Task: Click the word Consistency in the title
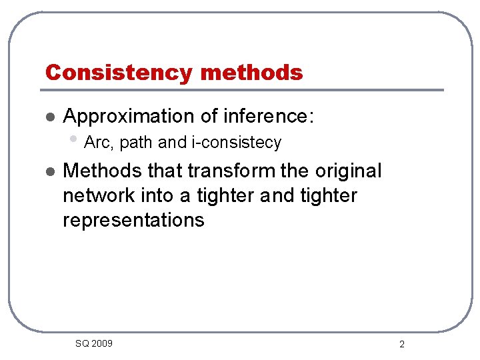coord(117,72)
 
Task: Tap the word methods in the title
coord(251,72)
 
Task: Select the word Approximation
coord(129,116)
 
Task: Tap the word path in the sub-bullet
coord(137,143)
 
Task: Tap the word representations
coord(133,221)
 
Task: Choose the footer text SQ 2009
coord(94,343)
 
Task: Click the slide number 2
coord(402,345)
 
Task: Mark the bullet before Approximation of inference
coord(48,117)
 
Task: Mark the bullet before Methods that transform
coord(48,172)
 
